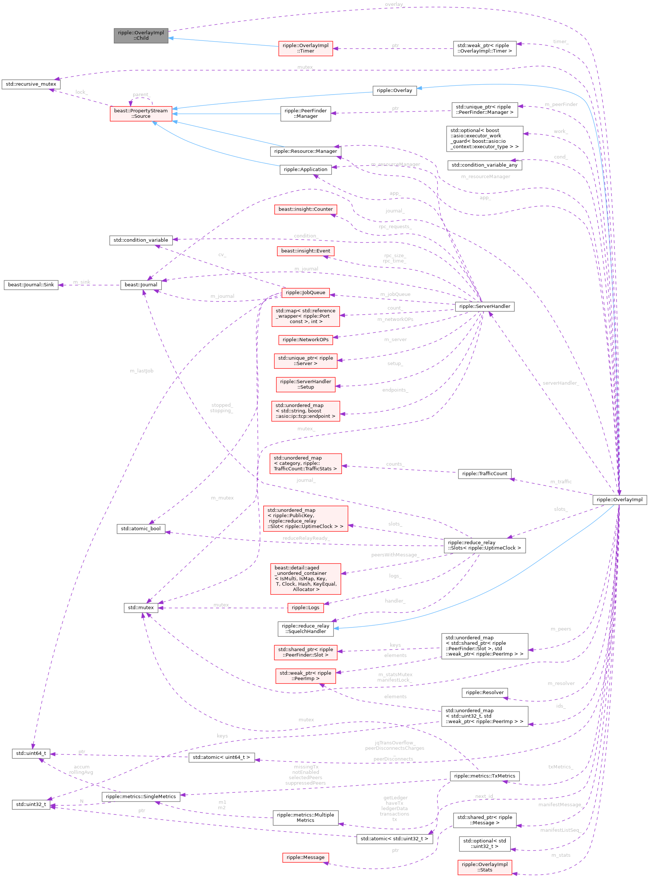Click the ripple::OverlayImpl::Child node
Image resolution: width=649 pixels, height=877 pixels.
click(141, 35)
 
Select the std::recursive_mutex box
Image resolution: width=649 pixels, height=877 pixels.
click(31, 84)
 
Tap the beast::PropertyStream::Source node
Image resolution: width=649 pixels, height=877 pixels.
click(141, 113)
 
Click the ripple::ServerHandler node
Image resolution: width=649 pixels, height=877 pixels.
click(484, 306)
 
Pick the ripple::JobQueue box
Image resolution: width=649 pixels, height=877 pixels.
click(305, 293)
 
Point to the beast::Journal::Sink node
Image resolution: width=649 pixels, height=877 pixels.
click(31, 285)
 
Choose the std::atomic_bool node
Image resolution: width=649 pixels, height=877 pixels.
click(141, 528)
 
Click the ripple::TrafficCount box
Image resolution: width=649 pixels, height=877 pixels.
click(484, 474)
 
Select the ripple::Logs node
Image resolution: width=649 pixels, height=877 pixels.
click(305, 608)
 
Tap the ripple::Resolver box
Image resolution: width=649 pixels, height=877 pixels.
click(484, 692)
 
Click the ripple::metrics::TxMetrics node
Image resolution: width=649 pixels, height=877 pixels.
click(484, 776)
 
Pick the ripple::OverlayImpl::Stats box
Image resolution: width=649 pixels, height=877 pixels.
click(484, 867)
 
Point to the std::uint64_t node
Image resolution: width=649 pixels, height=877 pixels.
click(31, 753)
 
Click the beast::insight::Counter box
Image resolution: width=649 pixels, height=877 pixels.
click(305, 209)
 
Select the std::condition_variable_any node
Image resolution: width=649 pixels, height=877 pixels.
click(484, 165)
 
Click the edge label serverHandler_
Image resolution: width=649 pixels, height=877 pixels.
click(561, 383)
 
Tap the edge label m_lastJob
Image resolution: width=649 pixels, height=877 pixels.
click(141, 371)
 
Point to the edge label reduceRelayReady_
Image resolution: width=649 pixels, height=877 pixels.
click(306, 538)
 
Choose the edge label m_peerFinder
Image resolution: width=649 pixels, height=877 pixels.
click(561, 105)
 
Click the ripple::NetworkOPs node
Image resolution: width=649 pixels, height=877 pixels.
click(305, 340)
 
